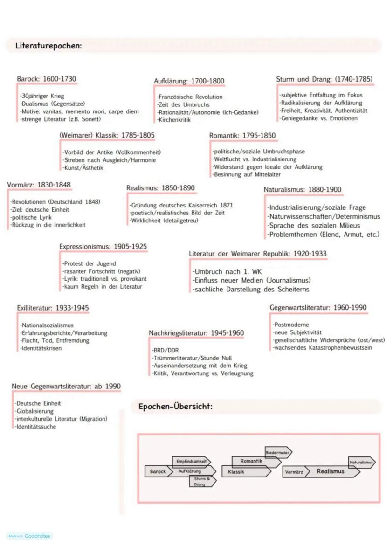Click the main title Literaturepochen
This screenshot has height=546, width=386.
[x=48, y=46]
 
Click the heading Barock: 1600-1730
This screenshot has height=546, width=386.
[x=46, y=79]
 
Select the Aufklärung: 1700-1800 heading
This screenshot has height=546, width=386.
[x=189, y=81]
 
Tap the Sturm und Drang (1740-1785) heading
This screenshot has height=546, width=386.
[x=324, y=79]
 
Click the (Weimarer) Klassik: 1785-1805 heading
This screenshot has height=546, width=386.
[x=107, y=135]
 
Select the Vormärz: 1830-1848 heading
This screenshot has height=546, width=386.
[x=39, y=185]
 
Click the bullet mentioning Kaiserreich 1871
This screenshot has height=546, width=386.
[x=182, y=205]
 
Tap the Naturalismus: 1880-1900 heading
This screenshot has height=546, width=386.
[x=303, y=190]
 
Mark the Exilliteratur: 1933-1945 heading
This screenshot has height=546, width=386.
[x=53, y=308]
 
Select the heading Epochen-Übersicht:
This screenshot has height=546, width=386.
[x=175, y=407]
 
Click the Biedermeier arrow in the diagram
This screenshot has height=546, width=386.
[x=278, y=452]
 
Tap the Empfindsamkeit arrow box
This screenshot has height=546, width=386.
[x=191, y=461]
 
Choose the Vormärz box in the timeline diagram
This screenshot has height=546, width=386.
[x=294, y=472]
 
